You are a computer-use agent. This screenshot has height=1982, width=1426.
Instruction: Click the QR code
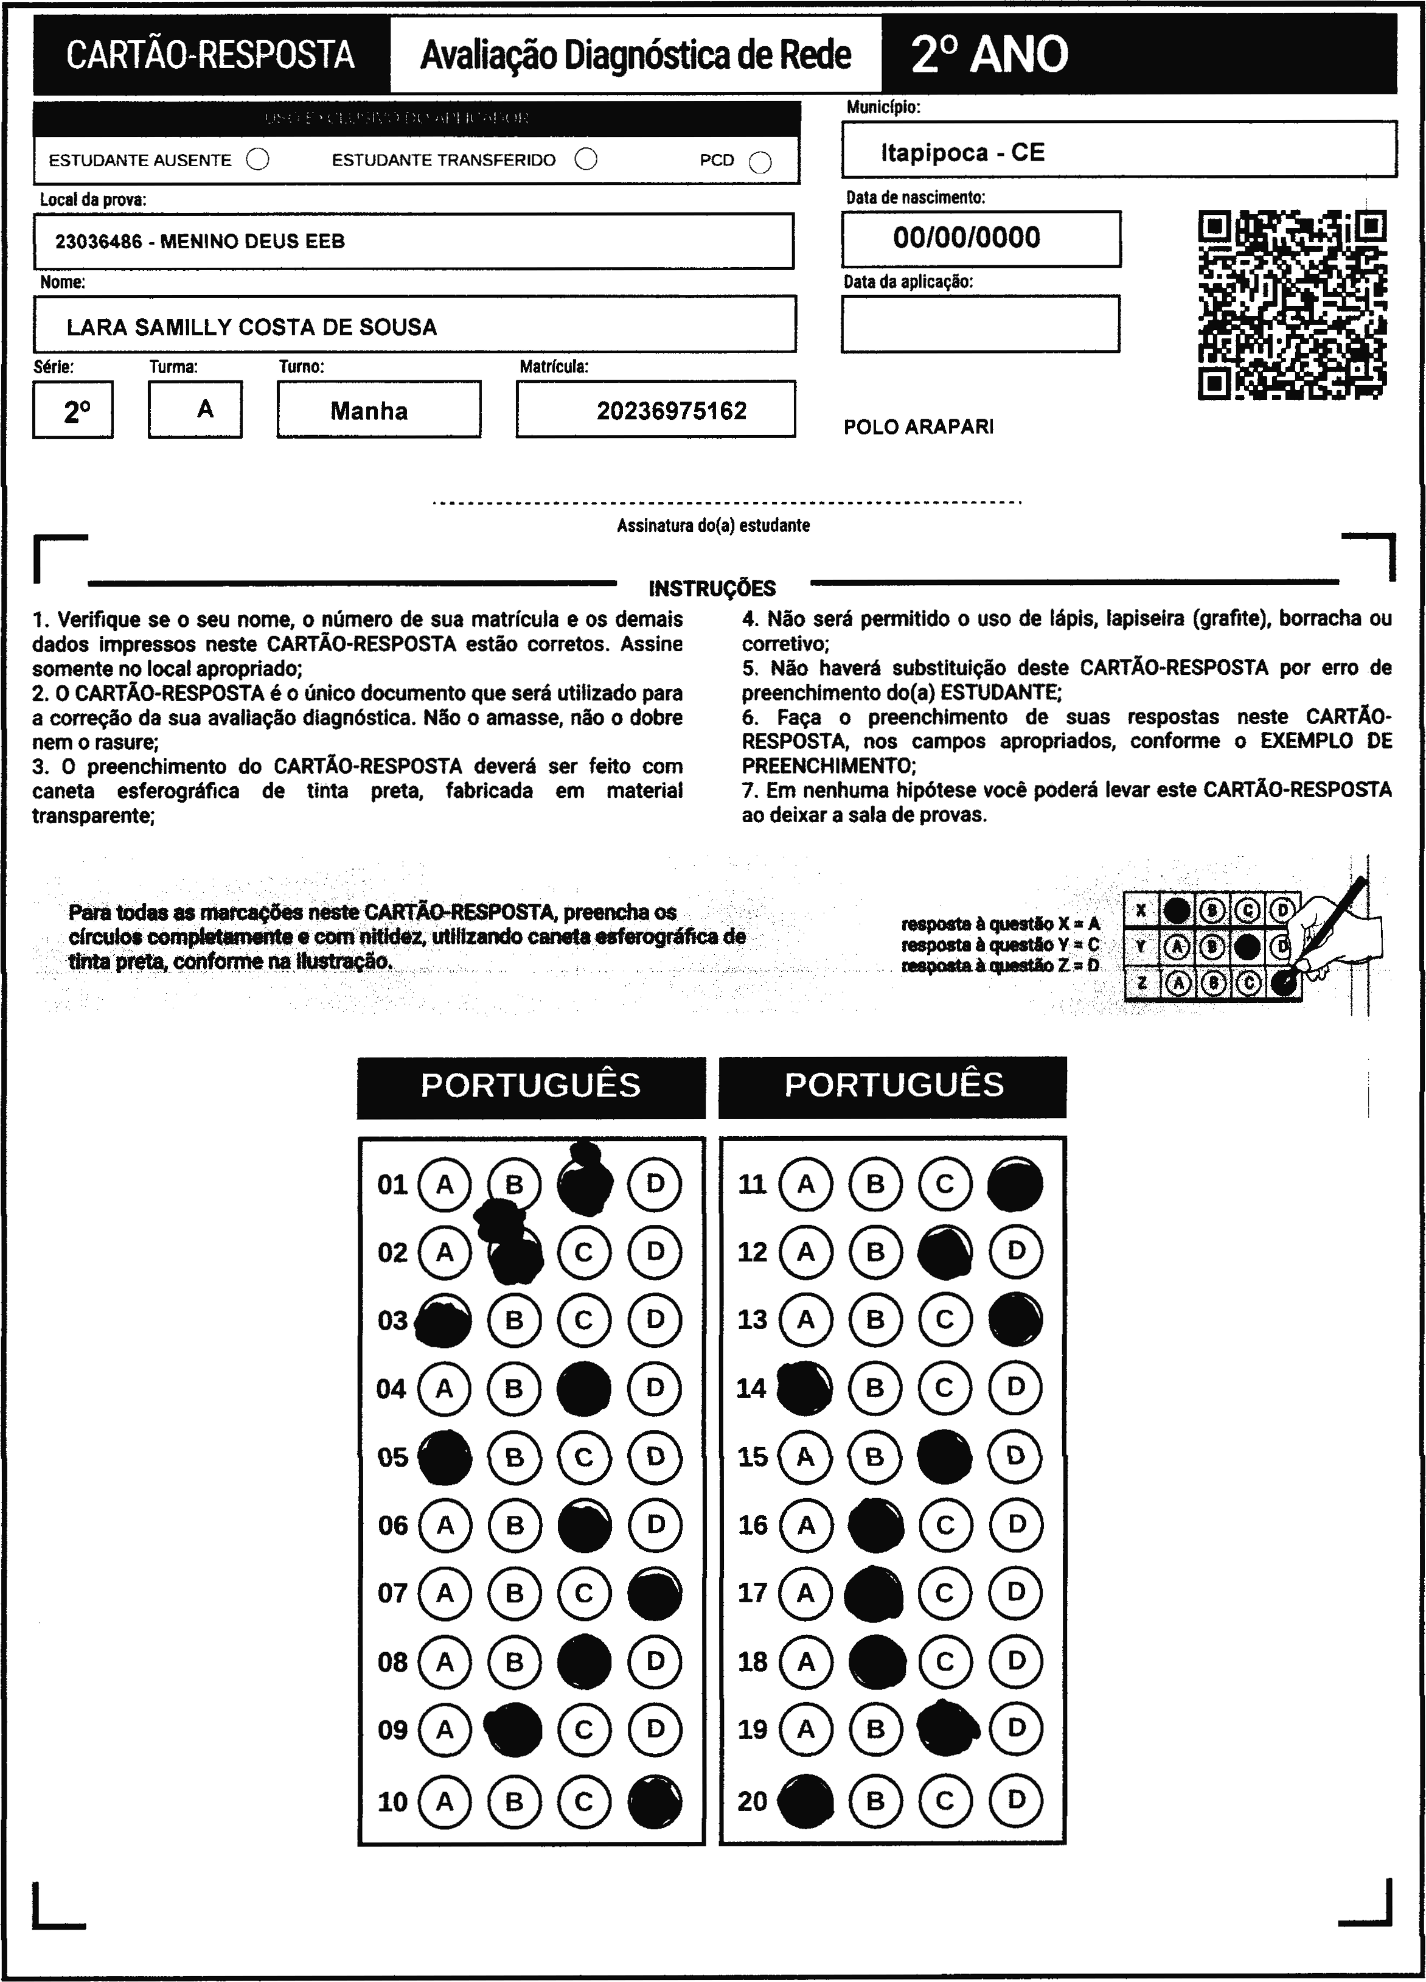[x=1292, y=305]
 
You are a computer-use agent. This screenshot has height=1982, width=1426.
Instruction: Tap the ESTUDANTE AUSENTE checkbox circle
[x=258, y=160]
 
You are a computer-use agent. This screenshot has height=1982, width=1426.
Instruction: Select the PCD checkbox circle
[x=760, y=162]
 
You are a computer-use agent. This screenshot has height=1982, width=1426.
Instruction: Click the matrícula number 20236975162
[x=671, y=411]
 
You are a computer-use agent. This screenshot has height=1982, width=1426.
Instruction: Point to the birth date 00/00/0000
[x=967, y=238]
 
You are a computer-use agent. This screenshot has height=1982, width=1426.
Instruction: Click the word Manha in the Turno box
[x=369, y=411]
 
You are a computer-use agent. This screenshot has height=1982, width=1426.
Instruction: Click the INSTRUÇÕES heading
[x=712, y=588]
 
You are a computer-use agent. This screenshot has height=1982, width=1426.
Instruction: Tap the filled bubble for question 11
[x=1015, y=1185]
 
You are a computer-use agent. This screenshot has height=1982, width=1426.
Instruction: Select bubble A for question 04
[x=445, y=1389]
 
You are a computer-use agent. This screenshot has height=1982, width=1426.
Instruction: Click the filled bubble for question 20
[x=805, y=1801]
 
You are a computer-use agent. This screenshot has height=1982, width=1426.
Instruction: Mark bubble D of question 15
[x=1015, y=1457]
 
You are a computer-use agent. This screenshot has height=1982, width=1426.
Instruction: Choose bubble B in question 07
[x=515, y=1594]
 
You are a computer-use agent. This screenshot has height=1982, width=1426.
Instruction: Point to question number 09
[x=392, y=1730]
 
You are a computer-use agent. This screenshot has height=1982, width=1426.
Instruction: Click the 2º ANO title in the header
[x=989, y=54]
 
